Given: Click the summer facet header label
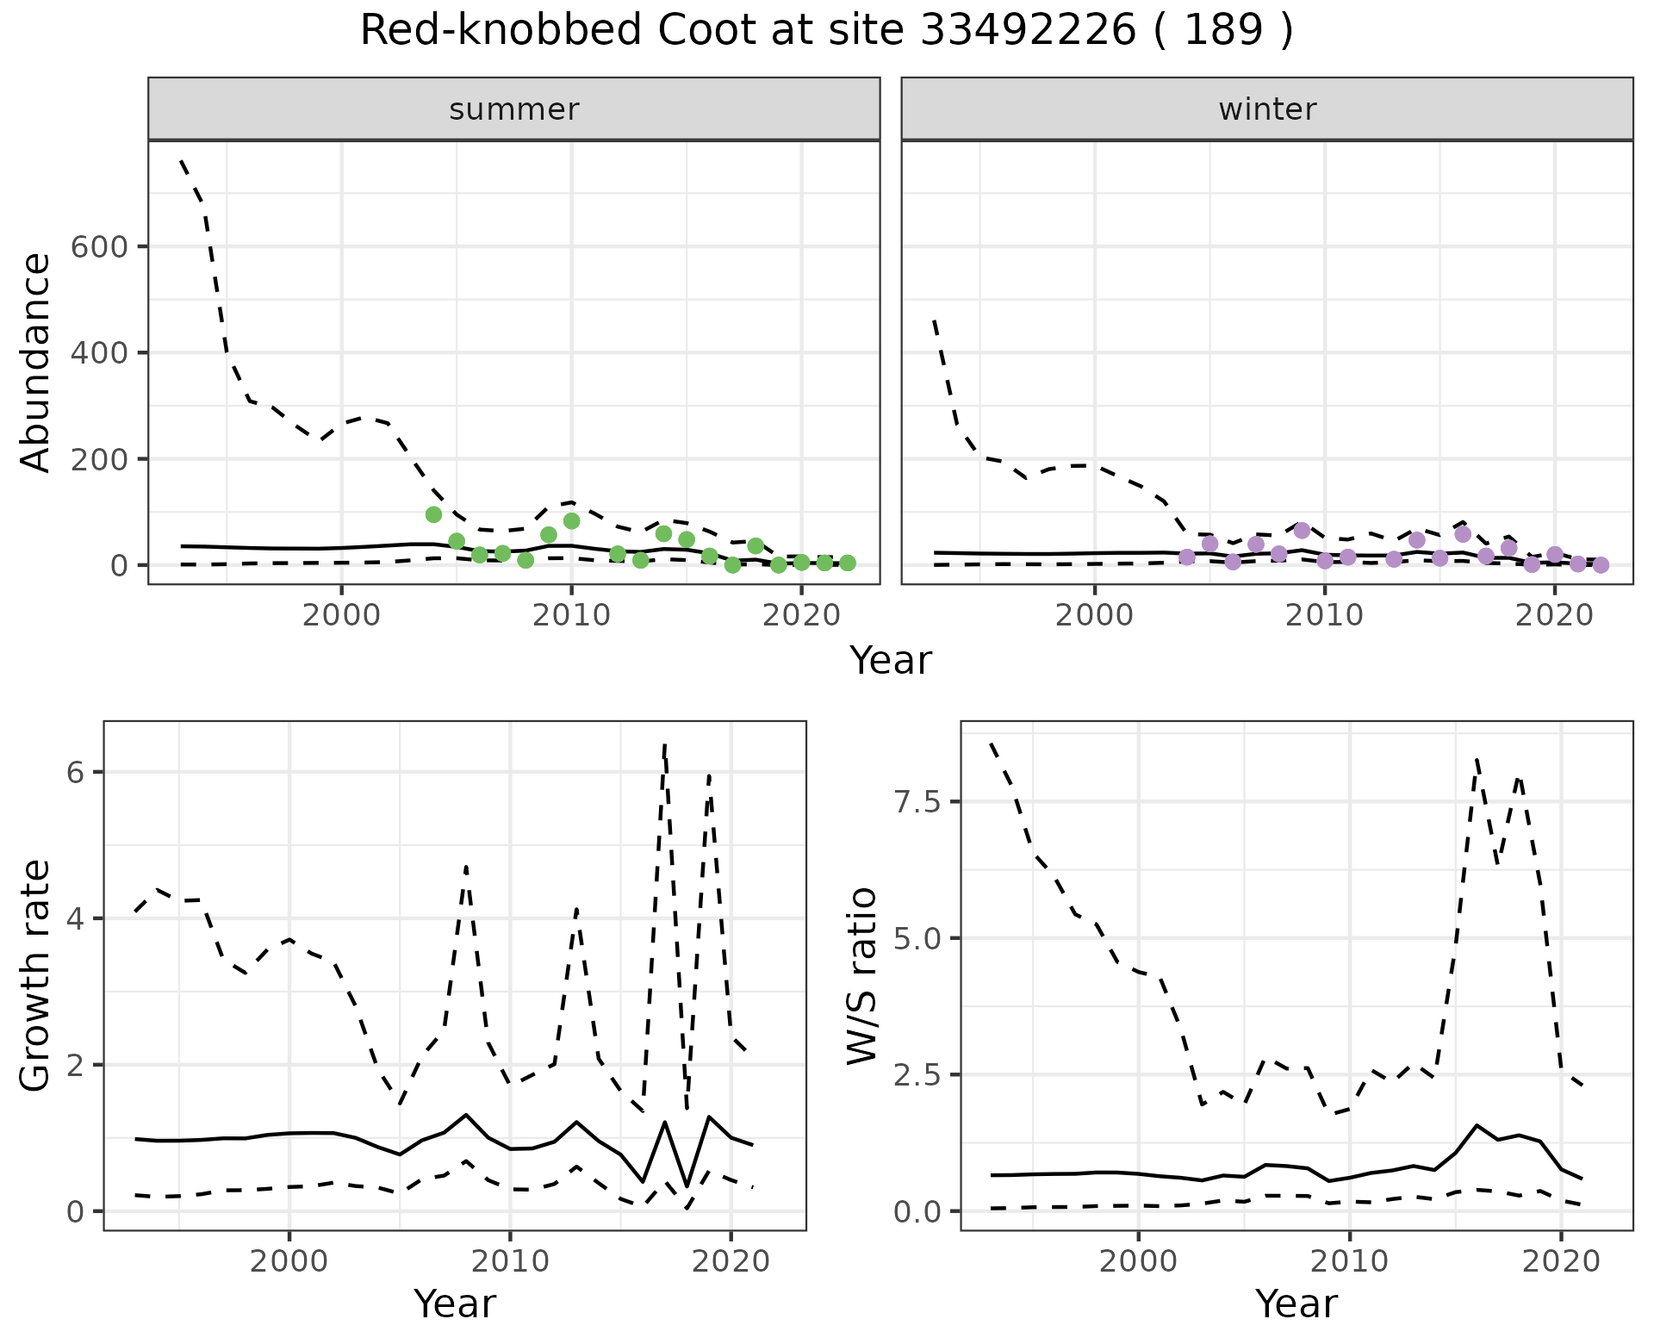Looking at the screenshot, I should click(514, 109).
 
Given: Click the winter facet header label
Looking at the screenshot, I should click(1267, 109).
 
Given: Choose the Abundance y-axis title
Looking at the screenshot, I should click(36, 362).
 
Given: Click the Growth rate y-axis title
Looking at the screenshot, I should click(36, 976).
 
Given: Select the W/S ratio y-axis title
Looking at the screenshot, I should click(861, 976).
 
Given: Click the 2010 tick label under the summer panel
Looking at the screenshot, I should click(570, 616).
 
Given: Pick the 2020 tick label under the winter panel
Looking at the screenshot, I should click(1554, 616).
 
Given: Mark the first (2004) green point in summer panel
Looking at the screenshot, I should click(434, 514).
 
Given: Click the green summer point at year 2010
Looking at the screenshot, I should click(571, 521).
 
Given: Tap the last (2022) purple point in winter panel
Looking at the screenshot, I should click(1601, 565).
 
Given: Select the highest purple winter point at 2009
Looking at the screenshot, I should click(1302, 531).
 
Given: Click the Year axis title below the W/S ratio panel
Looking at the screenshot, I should click(1296, 1304).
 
